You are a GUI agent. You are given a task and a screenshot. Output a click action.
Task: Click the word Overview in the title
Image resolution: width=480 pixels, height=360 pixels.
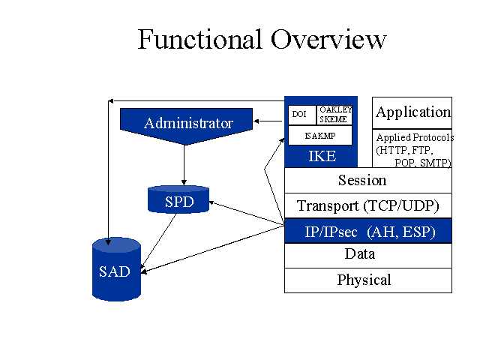coord(328,39)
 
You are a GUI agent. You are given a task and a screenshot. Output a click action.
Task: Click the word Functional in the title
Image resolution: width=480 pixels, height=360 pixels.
coord(200,39)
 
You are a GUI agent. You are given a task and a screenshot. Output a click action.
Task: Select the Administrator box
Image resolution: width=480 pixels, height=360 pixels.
coord(187,126)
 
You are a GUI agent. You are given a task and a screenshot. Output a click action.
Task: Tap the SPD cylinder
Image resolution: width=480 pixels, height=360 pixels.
coord(178,199)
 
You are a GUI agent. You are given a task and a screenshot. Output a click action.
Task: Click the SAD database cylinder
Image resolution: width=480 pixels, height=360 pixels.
coord(117,269)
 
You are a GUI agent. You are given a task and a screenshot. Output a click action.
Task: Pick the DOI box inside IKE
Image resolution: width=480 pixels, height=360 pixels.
coord(301,115)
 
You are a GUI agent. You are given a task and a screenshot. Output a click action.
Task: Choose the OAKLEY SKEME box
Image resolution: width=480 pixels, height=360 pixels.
coord(334,115)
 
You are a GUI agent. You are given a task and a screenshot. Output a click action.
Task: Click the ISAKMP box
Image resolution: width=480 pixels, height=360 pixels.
coord(320,136)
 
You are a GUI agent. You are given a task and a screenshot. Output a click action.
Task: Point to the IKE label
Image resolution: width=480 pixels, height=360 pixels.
coord(322,156)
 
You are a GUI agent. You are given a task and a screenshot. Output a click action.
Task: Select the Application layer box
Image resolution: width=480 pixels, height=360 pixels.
coord(412,113)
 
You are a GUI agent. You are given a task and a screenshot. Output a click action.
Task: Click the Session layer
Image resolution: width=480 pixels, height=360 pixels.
coord(368,180)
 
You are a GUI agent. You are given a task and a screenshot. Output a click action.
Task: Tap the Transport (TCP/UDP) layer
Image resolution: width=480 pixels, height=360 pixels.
coord(368,205)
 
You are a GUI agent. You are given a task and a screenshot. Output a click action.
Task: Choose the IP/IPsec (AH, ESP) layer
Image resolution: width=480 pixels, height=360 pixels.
coord(368,231)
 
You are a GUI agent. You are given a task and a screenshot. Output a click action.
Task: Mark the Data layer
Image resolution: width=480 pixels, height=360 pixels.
coord(368,256)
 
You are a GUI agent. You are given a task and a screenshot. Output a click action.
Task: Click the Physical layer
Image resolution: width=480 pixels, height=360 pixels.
coord(368,280)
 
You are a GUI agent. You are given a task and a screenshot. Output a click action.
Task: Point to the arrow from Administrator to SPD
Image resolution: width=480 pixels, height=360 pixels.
coord(184,165)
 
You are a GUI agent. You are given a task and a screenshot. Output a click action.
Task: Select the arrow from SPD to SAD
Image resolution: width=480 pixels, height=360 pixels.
coord(158,241)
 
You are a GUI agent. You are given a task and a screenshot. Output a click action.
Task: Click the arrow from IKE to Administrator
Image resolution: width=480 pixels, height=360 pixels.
coord(268,121)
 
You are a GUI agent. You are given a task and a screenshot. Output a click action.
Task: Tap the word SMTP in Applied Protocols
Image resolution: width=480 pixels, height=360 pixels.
coord(434,163)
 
